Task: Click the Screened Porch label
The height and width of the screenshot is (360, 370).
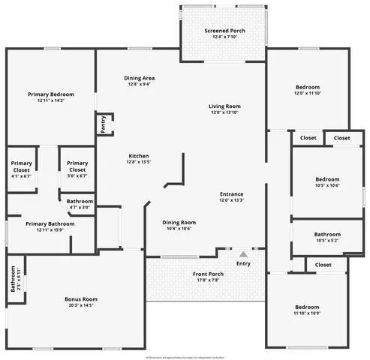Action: (224, 31)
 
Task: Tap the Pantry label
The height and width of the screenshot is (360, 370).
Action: (102, 124)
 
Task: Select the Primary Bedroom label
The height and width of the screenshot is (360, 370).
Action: (51, 94)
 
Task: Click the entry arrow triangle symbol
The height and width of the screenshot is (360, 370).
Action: (243, 254)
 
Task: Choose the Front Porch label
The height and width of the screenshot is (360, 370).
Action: (208, 274)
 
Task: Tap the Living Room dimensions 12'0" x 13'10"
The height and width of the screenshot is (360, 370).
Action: (224, 112)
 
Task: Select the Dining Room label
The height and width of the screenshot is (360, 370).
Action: (179, 222)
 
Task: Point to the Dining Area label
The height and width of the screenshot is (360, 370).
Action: (140, 78)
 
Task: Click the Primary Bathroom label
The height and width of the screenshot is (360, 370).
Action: (50, 223)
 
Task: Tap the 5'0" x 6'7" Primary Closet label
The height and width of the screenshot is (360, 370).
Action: (77, 165)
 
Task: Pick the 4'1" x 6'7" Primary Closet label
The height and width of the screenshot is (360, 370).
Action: (21, 165)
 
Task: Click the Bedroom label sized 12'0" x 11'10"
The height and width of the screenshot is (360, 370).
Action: (307, 87)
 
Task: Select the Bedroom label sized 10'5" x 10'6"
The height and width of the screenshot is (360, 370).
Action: (327, 179)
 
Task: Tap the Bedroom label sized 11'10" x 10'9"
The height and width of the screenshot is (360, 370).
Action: (307, 307)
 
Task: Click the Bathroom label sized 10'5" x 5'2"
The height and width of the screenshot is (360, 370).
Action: (327, 234)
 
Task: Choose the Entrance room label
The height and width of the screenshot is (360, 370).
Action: (231, 194)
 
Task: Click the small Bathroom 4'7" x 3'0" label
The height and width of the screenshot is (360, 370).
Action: (80, 201)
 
